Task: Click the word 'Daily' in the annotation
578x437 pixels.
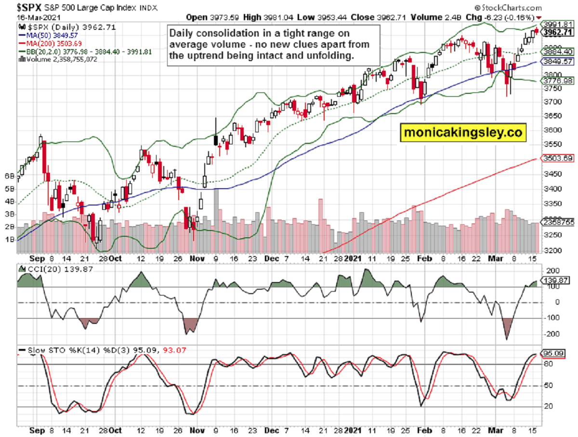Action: click(x=182, y=33)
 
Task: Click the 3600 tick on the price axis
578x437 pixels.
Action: click(x=552, y=130)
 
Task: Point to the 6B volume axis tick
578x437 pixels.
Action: click(x=9, y=176)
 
